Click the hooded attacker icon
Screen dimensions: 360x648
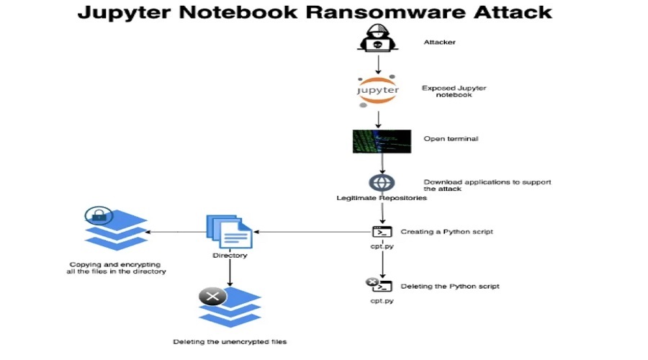click(x=377, y=41)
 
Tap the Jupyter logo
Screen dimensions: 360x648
click(x=378, y=91)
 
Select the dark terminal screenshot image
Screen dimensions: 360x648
click(x=381, y=141)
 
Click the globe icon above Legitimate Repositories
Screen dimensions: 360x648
click(x=381, y=182)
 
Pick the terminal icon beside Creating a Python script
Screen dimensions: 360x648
click(x=381, y=232)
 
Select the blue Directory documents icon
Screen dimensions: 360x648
click(x=229, y=232)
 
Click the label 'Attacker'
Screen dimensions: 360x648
click(x=439, y=42)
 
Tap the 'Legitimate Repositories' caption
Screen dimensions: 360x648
click(x=381, y=197)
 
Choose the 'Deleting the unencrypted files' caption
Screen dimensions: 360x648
click(x=230, y=341)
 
